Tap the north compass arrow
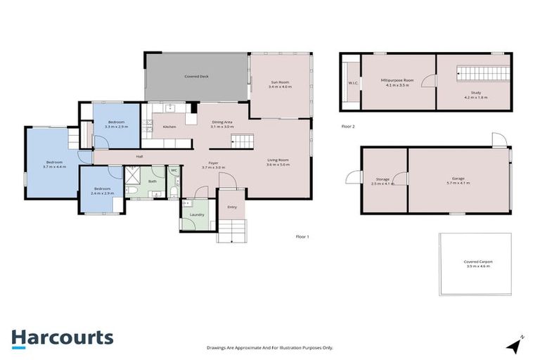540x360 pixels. point(516,345)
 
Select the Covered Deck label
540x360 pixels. point(196,76)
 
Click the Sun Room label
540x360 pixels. point(280,83)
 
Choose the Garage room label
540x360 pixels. point(458,179)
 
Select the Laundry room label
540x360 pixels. point(197,214)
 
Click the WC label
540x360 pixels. point(174,170)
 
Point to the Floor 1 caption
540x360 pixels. point(302,237)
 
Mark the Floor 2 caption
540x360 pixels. point(348,127)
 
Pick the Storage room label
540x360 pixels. point(382,179)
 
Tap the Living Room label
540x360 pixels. point(278,160)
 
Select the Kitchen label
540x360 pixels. point(169,127)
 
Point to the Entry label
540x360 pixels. point(232,207)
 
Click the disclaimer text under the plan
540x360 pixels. point(270,348)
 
